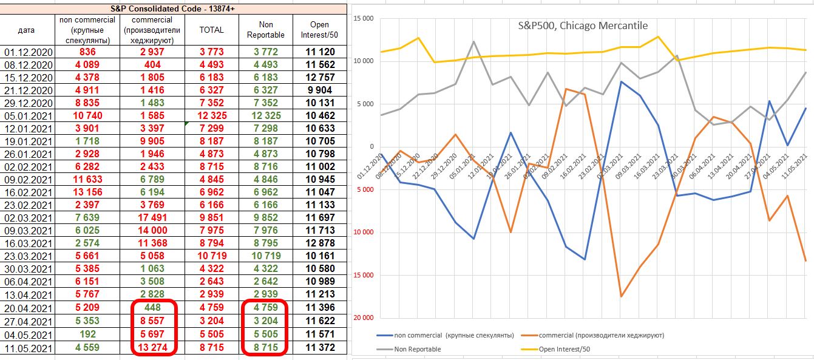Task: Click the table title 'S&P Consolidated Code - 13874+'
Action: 174,8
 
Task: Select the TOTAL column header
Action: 211,30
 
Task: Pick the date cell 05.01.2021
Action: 27,115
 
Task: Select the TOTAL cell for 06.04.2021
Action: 211,281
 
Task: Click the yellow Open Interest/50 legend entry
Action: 565,349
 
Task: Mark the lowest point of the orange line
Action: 621,296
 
